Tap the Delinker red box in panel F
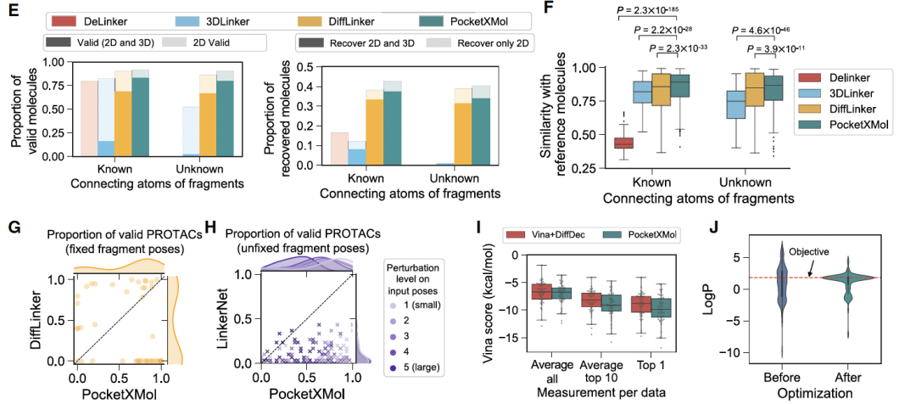624,143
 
